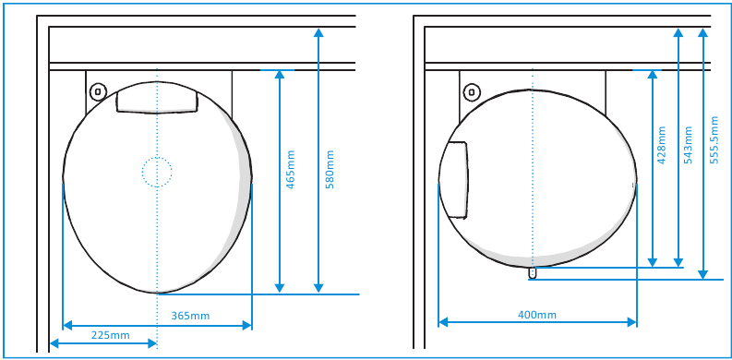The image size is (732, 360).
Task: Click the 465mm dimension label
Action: tap(291, 170)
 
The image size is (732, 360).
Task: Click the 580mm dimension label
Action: tap(330, 170)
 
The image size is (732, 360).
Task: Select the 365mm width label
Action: tap(190, 316)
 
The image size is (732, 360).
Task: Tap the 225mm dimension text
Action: tap(110, 335)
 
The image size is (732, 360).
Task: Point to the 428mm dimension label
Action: tap(661, 145)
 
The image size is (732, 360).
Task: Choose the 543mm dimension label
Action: tap(688, 145)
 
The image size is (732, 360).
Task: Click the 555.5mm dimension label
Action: tap(714, 139)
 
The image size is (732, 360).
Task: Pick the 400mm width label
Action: tap(537, 315)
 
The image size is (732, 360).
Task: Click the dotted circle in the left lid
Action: tap(157, 172)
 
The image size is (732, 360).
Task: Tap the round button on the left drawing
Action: tap(98, 91)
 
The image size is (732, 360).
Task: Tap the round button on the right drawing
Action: tap(472, 92)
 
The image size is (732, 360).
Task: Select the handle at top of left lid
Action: tap(157, 99)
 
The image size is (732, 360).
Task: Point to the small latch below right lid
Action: tap(533, 272)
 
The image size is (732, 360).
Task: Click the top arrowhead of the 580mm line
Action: tap(318, 32)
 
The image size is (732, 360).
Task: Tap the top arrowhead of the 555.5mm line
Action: tap(704, 32)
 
